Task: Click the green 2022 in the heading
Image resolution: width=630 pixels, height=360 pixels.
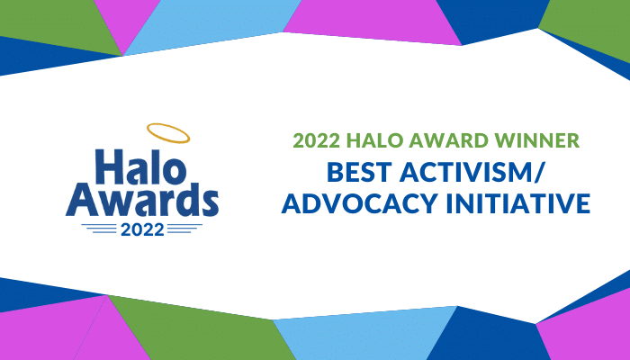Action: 317,140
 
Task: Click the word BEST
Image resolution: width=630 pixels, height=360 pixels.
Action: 359,172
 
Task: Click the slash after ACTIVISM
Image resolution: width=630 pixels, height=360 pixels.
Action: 538,173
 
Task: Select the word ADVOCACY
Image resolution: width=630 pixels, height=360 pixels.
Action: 359,202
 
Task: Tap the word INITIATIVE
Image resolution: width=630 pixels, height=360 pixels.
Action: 517,202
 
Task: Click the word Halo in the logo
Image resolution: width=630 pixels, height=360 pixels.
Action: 141,166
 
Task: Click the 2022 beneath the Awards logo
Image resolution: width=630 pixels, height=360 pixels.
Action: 142,229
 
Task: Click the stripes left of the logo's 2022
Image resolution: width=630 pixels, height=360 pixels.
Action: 99,229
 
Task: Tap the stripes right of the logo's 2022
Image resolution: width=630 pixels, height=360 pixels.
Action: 184,229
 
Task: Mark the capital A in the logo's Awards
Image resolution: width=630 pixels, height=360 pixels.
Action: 83,200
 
